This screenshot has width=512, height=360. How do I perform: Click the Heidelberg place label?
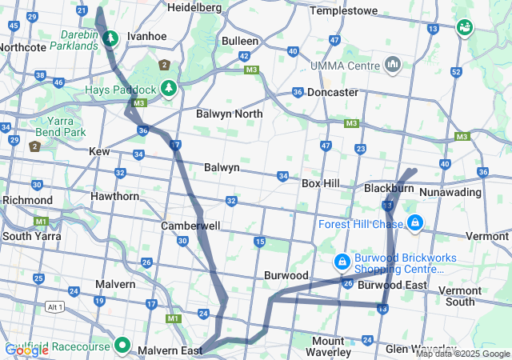194,7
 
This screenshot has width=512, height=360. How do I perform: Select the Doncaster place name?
332,92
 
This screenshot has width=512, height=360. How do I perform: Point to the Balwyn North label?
230,114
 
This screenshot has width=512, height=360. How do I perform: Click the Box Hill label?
320,183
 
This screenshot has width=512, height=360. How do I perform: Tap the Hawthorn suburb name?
115,196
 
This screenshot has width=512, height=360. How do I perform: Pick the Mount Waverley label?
330,346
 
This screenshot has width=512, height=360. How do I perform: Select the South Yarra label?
27,236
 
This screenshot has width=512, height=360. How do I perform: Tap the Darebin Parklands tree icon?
110,38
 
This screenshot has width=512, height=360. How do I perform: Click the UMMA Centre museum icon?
392,64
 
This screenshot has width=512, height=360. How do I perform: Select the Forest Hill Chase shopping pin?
414,222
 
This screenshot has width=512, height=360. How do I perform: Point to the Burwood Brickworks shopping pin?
342,262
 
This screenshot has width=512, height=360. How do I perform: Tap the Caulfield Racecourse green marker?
122,345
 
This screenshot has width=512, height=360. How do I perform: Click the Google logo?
24,350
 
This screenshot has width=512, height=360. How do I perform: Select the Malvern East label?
167,350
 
